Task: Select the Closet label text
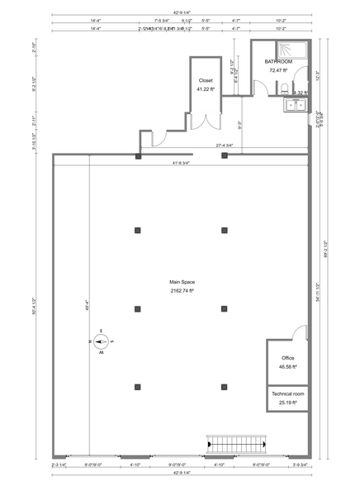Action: (x=206, y=81)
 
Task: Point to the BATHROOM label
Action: (x=278, y=62)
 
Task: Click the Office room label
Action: (x=288, y=358)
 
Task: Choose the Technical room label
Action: (x=288, y=395)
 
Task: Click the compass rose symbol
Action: (x=100, y=341)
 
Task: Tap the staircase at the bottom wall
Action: (x=239, y=444)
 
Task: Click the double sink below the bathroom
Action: (x=295, y=104)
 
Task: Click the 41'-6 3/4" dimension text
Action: (x=180, y=163)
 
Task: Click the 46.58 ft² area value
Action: (x=288, y=365)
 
